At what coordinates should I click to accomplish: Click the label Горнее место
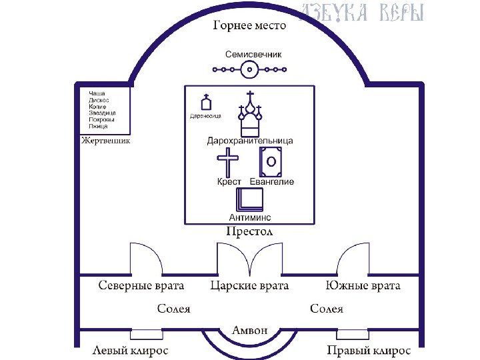(249, 26)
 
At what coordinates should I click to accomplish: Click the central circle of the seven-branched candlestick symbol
(249, 68)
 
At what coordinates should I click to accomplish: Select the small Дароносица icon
(207, 103)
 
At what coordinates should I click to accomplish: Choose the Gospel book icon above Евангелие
(271, 161)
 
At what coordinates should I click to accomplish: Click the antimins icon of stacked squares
(250, 200)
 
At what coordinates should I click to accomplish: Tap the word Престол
(249, 231)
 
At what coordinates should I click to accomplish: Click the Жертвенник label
(105, 141)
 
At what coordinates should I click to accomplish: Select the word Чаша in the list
(97, 93)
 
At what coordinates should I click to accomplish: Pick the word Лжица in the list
(98, 126)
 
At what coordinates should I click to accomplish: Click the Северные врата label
(141, 285)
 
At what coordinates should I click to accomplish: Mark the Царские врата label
(249, 285)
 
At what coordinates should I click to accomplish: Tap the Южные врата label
(363, 285)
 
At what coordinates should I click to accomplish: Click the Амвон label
(249, 330)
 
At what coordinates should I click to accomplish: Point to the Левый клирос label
(130, 350)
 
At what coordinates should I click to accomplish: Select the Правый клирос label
(369, 350)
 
